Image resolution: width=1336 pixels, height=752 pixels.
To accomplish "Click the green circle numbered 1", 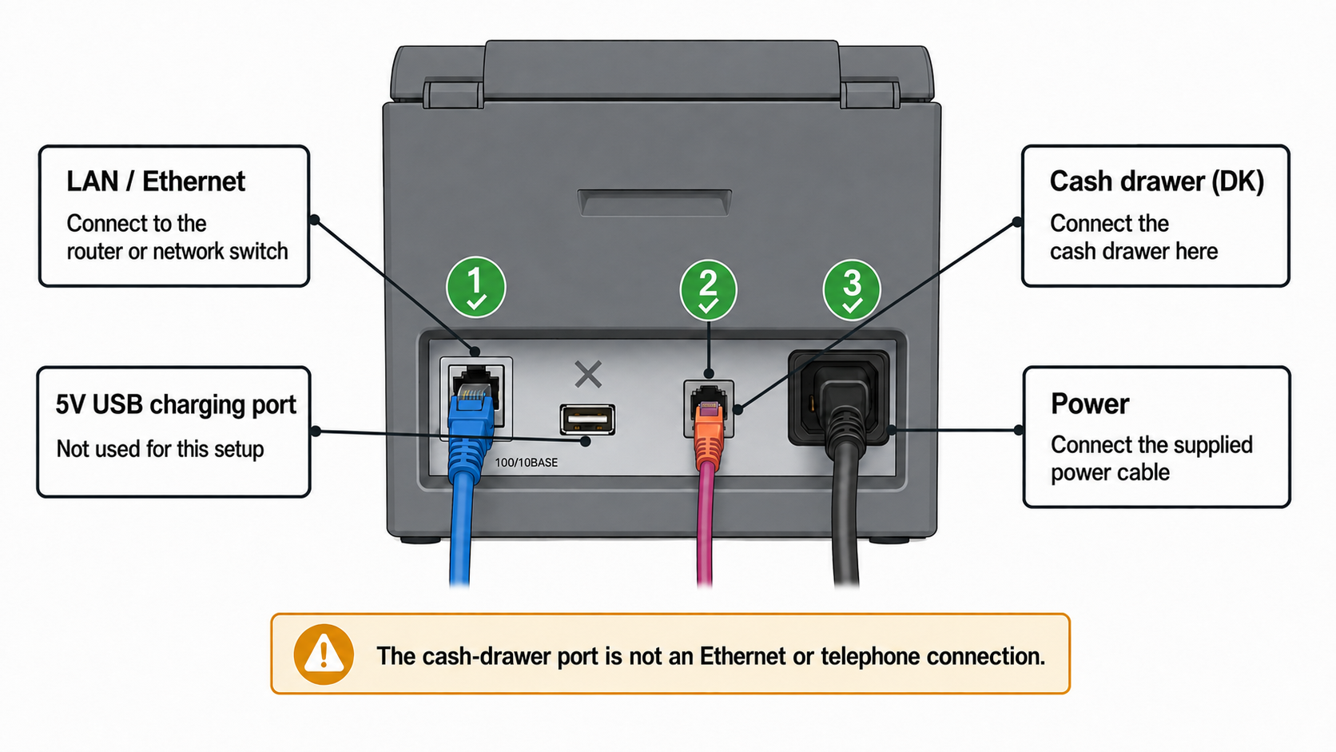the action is click(x=475, y=287).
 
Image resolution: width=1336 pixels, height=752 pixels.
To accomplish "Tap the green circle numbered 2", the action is click(x=708, y=290).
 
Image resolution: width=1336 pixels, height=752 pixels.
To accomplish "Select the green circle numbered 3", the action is click(x=852, y=290).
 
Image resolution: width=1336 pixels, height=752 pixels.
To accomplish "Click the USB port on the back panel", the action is click(x=586, y=420).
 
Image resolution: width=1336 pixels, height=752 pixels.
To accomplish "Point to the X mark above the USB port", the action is click(x=588, y=375).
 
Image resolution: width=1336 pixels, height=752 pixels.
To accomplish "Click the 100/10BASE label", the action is click(x=526, y=463).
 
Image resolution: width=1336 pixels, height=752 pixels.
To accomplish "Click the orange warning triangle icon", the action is click(x=324, y=655).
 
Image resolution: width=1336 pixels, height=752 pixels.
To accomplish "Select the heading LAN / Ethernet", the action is click(x=156, y=181).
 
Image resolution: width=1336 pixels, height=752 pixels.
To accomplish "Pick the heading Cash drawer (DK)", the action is click(x=1156, y=181).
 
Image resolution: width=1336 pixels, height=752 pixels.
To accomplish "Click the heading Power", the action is click(x=1090, y=404).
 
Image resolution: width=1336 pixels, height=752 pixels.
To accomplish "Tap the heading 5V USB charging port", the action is click(x=176, y=405).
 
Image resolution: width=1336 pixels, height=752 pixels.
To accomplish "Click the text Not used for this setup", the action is click(x=160, y=448).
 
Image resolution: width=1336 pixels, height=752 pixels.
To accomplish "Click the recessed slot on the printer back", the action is click(x=654, y=203).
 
